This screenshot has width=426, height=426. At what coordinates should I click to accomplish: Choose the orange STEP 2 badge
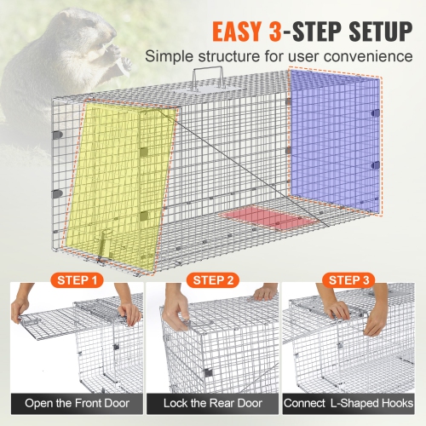(212, 279)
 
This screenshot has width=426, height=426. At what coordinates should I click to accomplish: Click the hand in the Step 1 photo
(129, 311)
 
